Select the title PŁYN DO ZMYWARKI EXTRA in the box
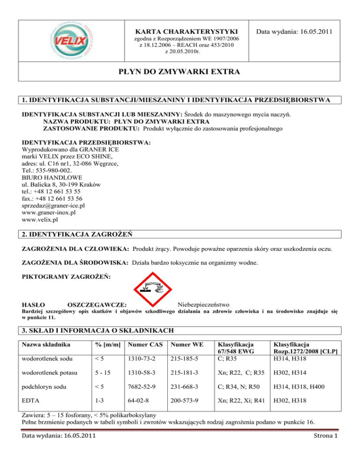180,73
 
